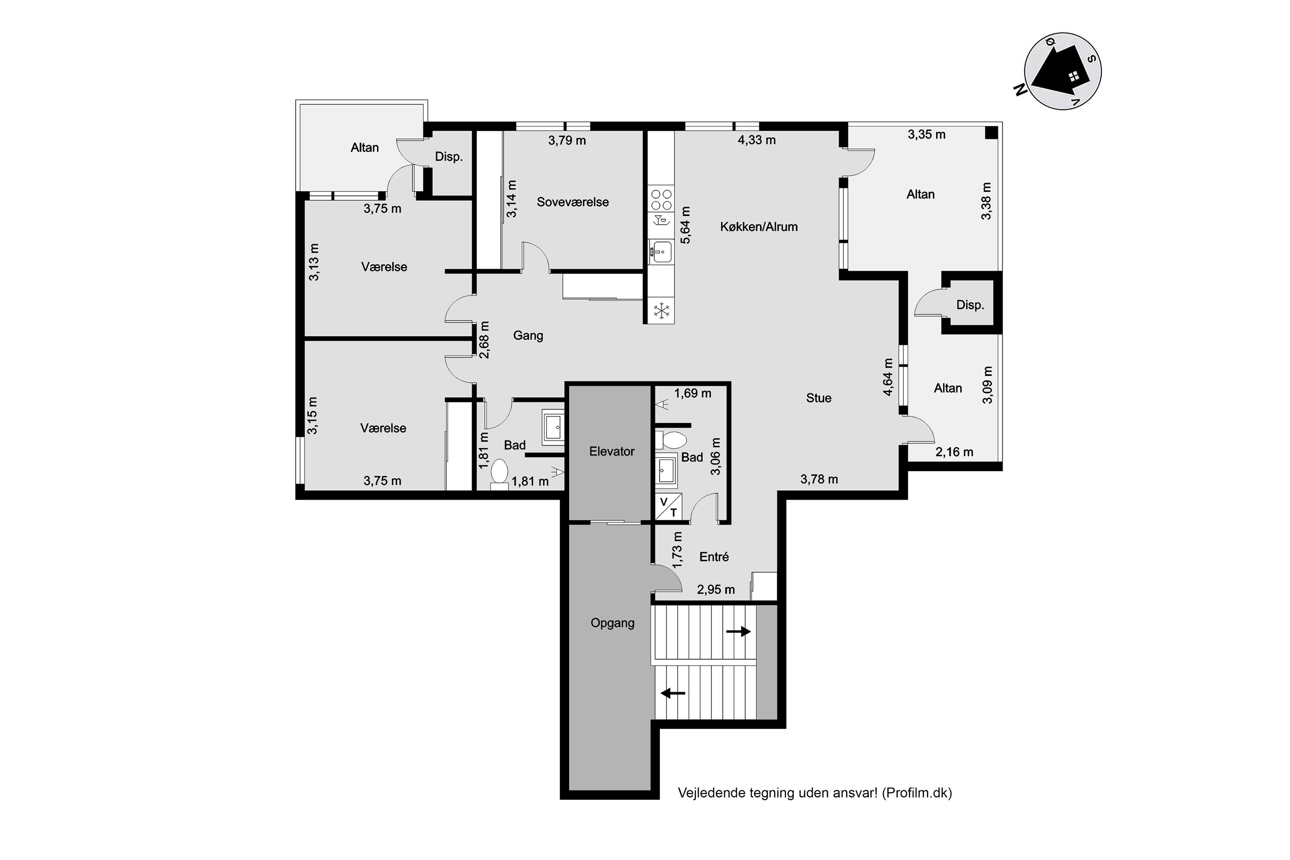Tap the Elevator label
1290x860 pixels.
(611, 451)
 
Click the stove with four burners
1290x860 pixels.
(661, 200)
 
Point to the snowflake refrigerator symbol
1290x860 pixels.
(661, 311)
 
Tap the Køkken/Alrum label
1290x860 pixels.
(759, 227)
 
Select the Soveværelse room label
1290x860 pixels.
(573, 202)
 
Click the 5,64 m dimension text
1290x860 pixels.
(685, 225)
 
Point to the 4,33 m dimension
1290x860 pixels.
(756, 140)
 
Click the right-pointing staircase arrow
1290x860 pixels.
(738, 632)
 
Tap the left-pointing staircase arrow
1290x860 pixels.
(673, 693)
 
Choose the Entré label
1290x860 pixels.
(714, 557)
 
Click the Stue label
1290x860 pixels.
(818, 398)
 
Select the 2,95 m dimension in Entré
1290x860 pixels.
(716, 590)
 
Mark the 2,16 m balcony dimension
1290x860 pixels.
(954, 452)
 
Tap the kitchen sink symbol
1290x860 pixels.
(661, 252)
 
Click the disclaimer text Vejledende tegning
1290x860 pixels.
(814, 792)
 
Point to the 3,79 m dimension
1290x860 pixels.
(567, 141)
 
